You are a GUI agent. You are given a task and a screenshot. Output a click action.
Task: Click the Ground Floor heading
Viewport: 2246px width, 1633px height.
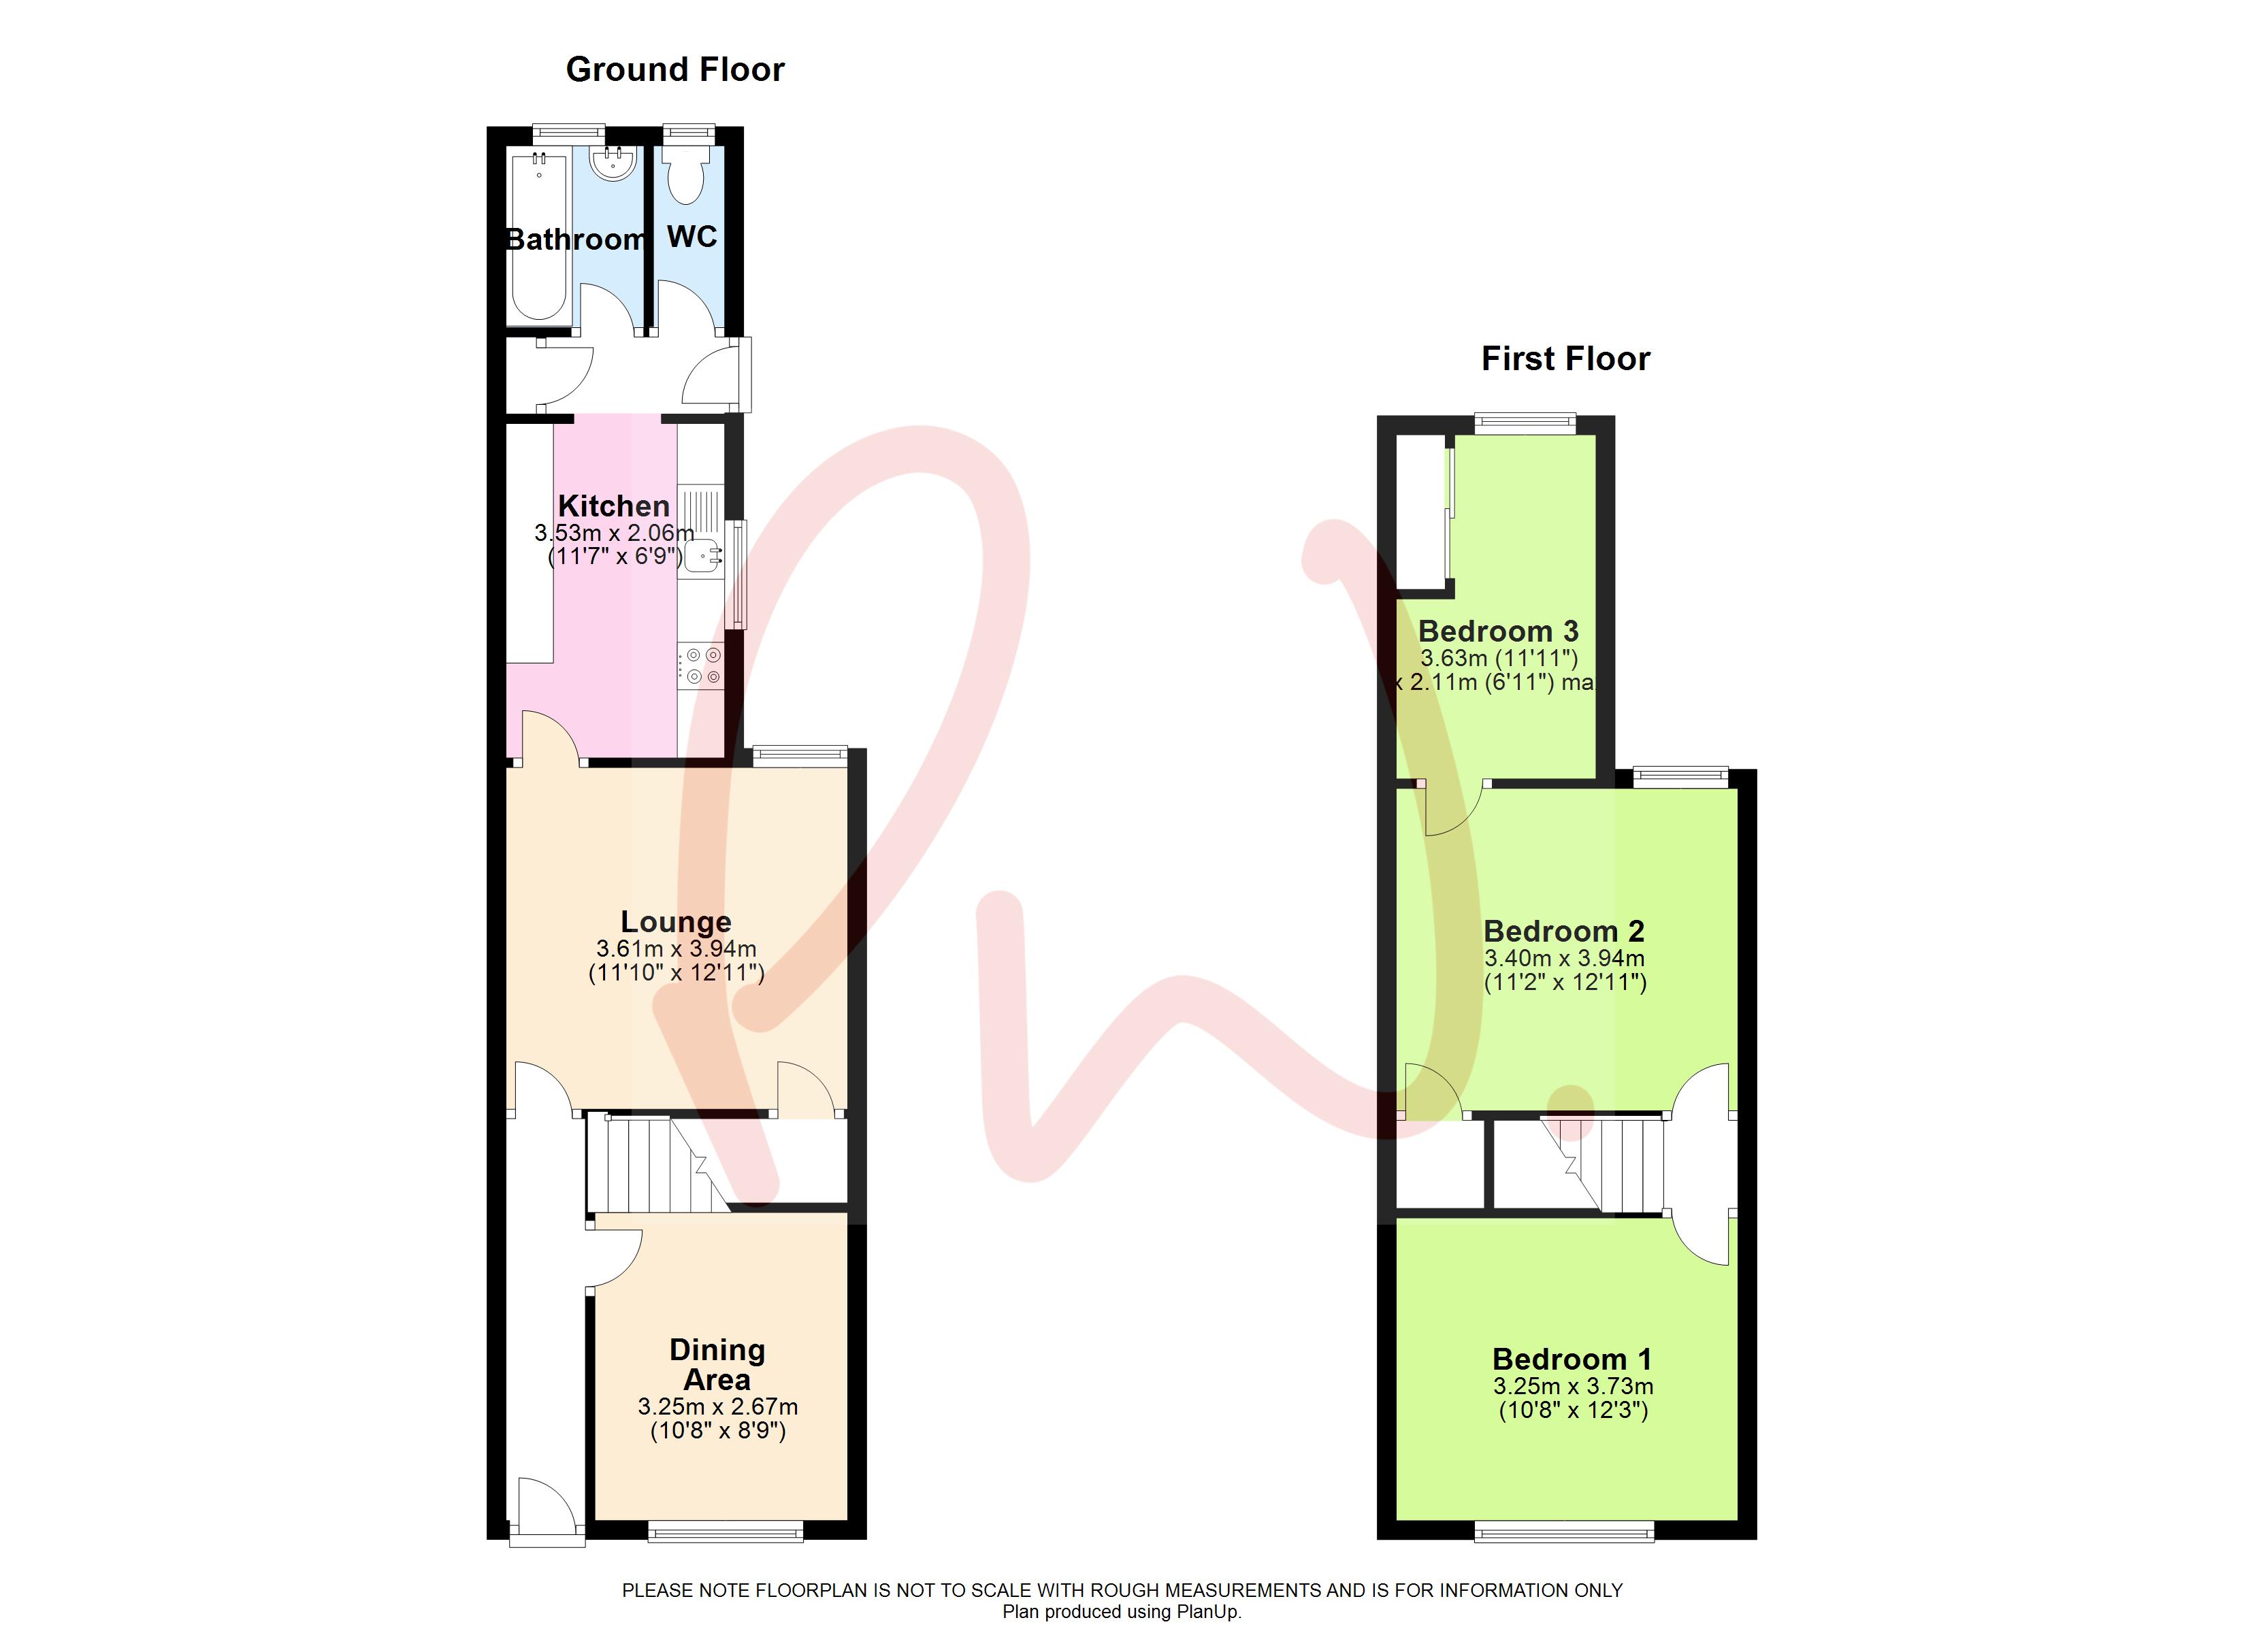(674, 69)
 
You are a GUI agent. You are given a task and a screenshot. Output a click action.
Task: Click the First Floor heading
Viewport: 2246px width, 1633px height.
(1565, 359)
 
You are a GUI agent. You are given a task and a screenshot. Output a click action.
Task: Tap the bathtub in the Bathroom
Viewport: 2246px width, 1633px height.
(539, 237)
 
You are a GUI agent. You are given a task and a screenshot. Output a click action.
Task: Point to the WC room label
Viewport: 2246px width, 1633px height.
(691, 237)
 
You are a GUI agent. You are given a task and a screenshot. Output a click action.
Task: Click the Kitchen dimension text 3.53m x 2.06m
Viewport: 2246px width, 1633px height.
(614, 533)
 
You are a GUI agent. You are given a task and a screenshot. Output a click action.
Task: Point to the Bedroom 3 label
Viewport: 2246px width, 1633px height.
(1497, 631)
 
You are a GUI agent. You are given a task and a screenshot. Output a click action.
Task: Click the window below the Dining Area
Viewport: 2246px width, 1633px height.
(726, 1533)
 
